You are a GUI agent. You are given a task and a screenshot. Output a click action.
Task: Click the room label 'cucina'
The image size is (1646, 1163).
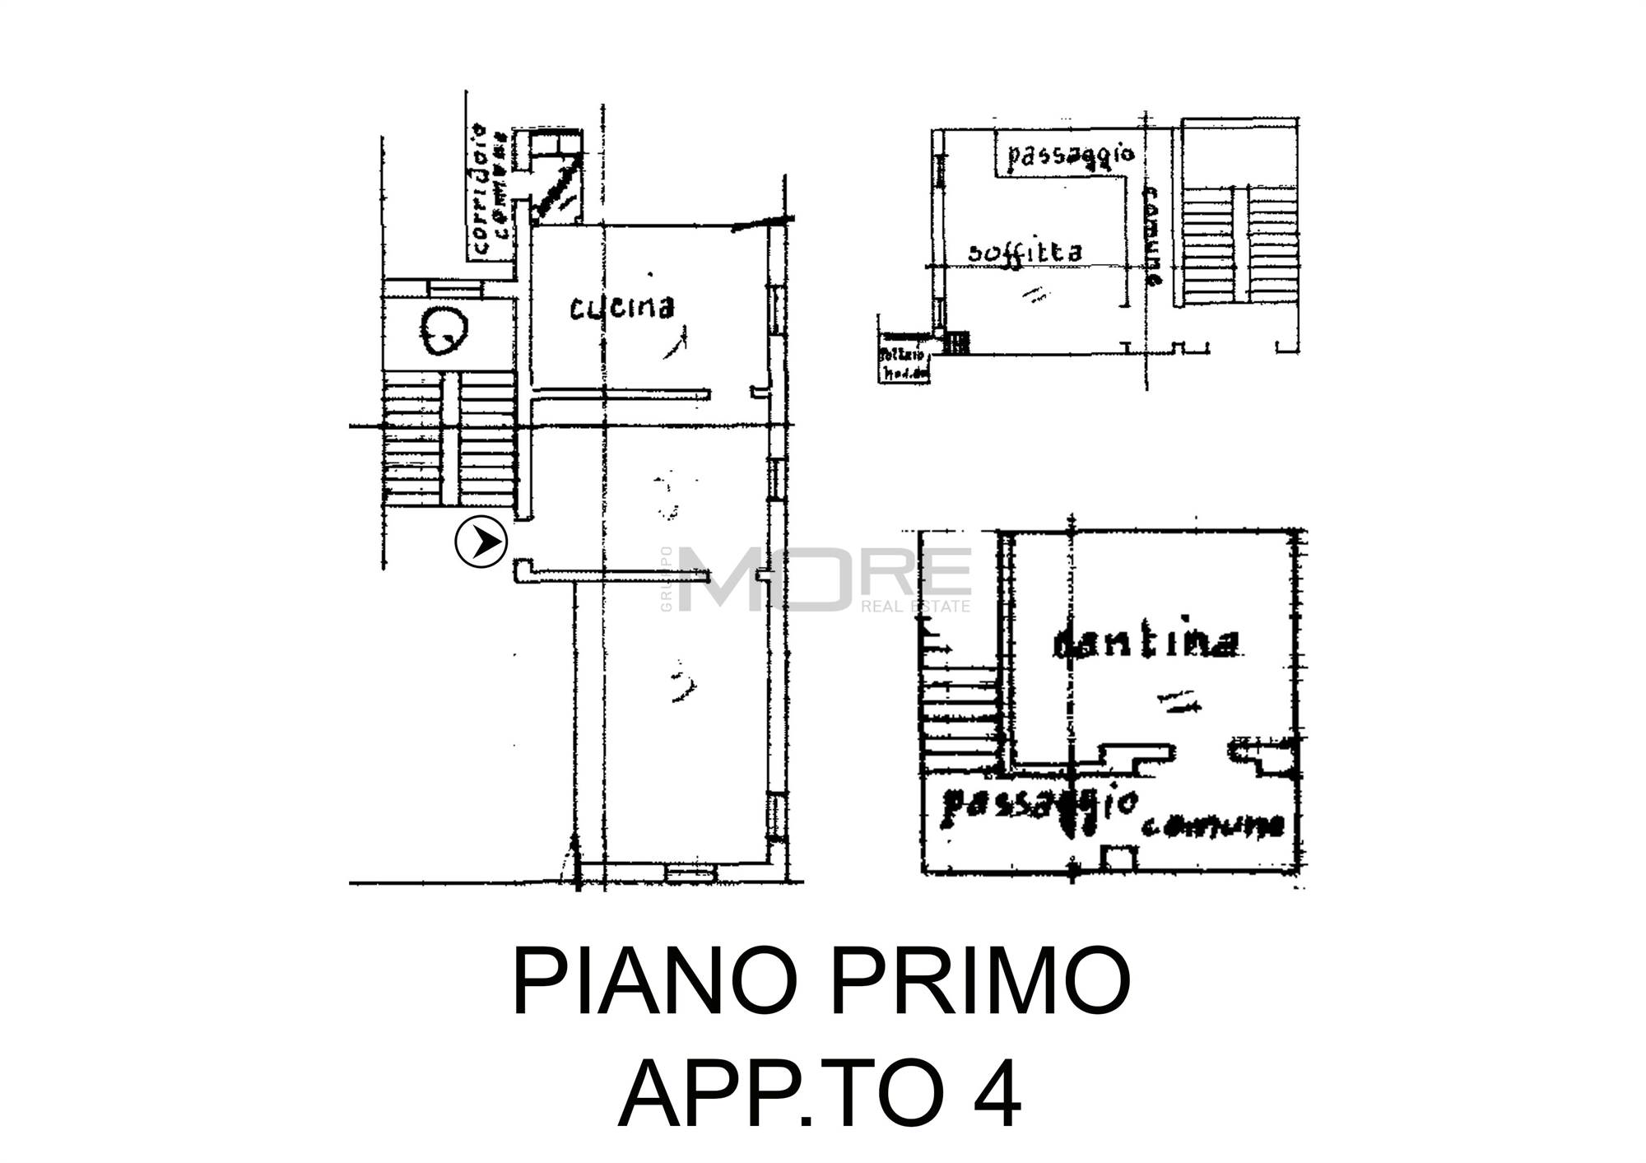tap(623, 308)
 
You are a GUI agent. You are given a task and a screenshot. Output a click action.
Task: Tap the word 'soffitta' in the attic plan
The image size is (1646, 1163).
tap(1025, 252)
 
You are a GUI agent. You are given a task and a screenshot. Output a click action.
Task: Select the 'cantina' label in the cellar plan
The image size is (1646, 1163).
tap(1146, 644)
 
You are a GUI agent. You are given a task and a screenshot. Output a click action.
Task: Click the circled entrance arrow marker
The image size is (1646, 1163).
tap(481, 542)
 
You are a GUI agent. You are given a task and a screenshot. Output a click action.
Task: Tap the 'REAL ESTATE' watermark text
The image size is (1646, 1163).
tap(915, 607)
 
